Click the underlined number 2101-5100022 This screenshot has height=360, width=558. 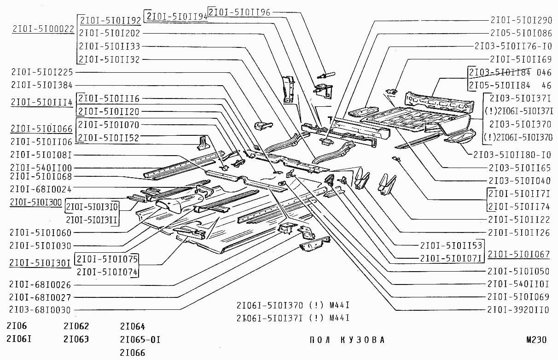[x=43, y=29]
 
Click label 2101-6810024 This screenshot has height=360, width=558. [x=40, y=189]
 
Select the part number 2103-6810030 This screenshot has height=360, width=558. [x=40, y=310]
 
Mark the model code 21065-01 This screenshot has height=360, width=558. [x=140, y=340]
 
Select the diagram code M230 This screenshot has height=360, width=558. [x=537, y=340]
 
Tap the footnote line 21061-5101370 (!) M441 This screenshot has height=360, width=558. [x=293, y=305]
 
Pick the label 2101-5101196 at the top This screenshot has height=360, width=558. [x=239, y=12]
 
